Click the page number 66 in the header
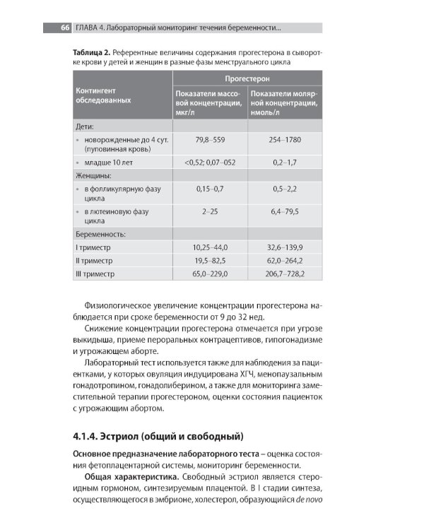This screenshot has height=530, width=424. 64,28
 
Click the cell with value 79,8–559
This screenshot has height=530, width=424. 209,140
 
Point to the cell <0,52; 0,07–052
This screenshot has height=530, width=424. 209,162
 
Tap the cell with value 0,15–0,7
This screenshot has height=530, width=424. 209,189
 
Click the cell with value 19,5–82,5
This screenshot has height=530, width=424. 209,260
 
